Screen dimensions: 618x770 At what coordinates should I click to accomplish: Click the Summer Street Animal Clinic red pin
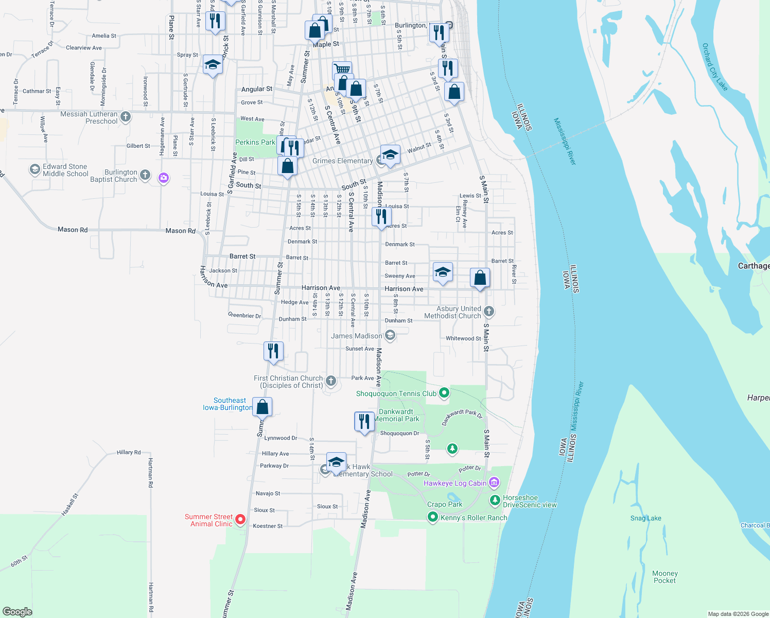(x=240, y=520)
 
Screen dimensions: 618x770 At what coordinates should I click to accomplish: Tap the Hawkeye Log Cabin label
(x=454, y=483)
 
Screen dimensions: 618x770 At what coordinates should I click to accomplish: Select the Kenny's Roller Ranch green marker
(x=433, y=517)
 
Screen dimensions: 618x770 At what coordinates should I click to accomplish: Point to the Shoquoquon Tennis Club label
(x=396, y=393)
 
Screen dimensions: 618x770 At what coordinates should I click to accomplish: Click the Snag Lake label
(x=645, y=518)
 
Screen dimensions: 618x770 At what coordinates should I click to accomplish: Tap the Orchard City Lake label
(x=715, y=67)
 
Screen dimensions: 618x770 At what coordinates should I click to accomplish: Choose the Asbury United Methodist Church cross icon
(x=489, y=311)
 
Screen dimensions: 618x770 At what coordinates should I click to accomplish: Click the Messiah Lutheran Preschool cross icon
(x=126, y=117)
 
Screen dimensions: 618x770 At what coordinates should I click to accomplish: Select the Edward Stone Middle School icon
(x=35, y=169)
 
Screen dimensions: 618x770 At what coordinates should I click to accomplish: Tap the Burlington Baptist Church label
(x=114, y=176)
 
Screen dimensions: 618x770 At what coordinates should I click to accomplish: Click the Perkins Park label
(x=255, y=142)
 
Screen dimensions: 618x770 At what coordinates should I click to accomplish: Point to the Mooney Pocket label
(x=664, y=577)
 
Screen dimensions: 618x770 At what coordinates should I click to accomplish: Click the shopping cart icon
(x=342, y=69)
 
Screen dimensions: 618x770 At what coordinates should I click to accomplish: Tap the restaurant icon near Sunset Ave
(x=273, y=351)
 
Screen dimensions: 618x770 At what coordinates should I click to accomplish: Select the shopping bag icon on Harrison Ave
(x=480, y=278)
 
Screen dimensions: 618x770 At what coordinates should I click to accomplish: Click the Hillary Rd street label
(x=129, y=452)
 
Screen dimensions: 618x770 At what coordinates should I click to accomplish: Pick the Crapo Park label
(x=444, y=504)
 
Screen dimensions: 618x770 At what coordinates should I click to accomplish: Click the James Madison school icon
(x=390, y=336)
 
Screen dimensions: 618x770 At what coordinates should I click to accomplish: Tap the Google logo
(x=17, y=611)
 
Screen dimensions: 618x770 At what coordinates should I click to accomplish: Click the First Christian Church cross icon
(x=331, y=381)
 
